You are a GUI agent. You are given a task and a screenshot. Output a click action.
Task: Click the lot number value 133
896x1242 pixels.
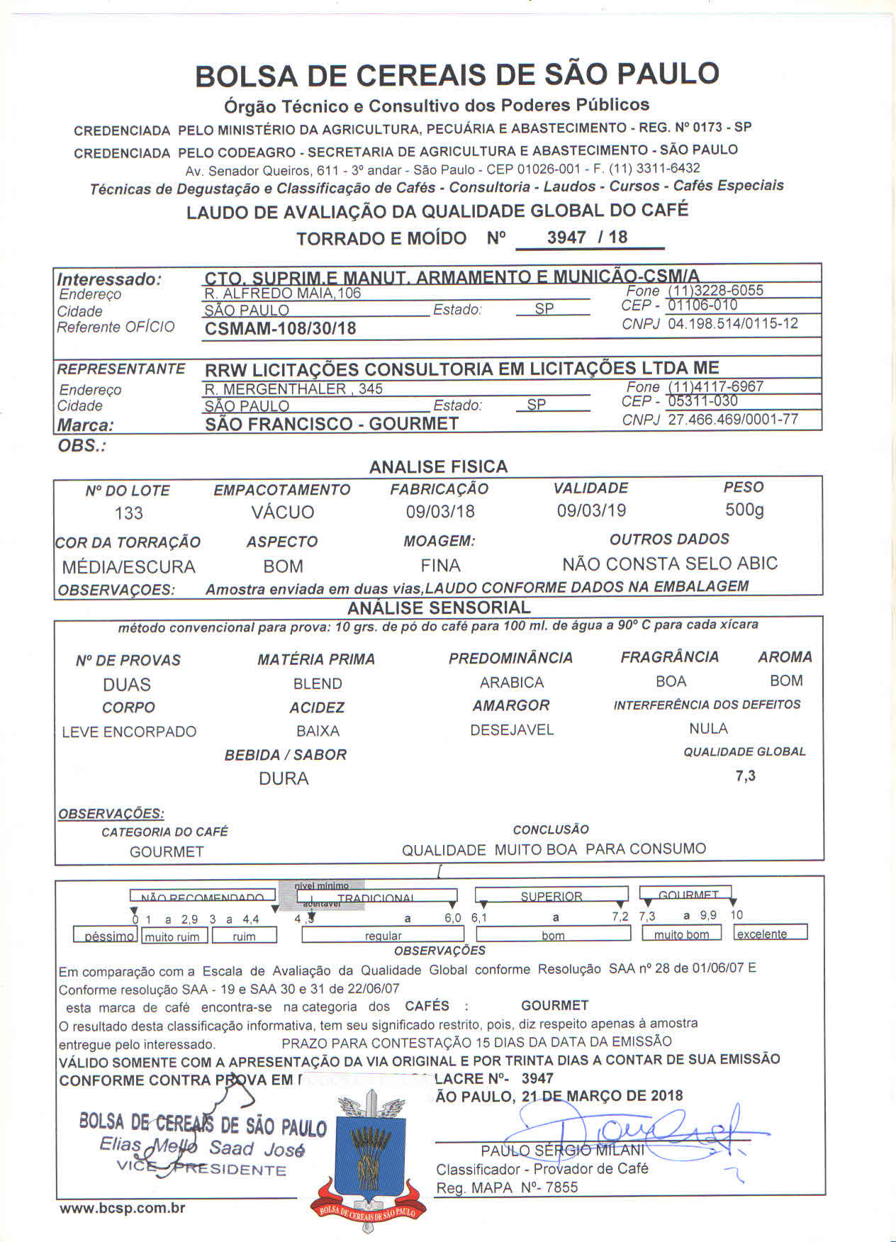pyautogui.click(x=128, y=513)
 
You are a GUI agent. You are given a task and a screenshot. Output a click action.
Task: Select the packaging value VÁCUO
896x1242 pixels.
pyautogui.click(x=282, y=512)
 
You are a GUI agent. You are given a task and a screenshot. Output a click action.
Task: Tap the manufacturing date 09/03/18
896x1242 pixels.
pyautogui.click(x=440, y=511)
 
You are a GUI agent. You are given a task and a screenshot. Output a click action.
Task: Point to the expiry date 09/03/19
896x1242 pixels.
pyautogui.click(x=591, y=510)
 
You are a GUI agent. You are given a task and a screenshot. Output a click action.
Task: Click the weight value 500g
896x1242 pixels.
pyautogui.click(x=744, y=510)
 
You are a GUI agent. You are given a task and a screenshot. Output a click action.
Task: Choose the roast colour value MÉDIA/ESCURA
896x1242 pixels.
pyautogui.click(x=128, y=567)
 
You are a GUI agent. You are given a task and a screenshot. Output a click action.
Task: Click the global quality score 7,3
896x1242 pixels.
pyautogui.click(x=746, y=776)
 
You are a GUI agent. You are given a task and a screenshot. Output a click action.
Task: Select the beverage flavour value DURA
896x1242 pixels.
pyautogui.click(x=284, y=778)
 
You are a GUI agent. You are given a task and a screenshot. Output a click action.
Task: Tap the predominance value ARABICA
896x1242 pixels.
pyautogui.click(x=511, y=683)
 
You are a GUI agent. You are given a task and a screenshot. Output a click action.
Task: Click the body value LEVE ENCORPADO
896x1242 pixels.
pyautogui.click(x=129, y=732)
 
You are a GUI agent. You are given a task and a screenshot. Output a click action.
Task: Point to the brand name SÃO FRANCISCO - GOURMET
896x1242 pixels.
pyautogui.click(x=332, y=424)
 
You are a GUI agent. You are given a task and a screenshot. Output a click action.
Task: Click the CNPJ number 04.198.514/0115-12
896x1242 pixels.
pyautogui.click(x=733, y=324)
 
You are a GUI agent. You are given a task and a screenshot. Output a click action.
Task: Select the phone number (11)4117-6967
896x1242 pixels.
pyautogui.click(x=715, y=386)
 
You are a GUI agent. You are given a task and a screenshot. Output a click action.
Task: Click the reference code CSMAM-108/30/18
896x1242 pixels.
pyautogui.click(x=280, y=328)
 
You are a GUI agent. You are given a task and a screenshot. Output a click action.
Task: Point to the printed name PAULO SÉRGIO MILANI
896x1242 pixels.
pyautogui.click(x=563, y=1150)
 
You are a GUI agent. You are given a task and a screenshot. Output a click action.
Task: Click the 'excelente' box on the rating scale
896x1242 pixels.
pyautogui.click(x=770, y=934)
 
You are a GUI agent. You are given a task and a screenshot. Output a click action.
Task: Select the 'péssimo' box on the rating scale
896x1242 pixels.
pyautogui.click(x=106, y=936)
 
